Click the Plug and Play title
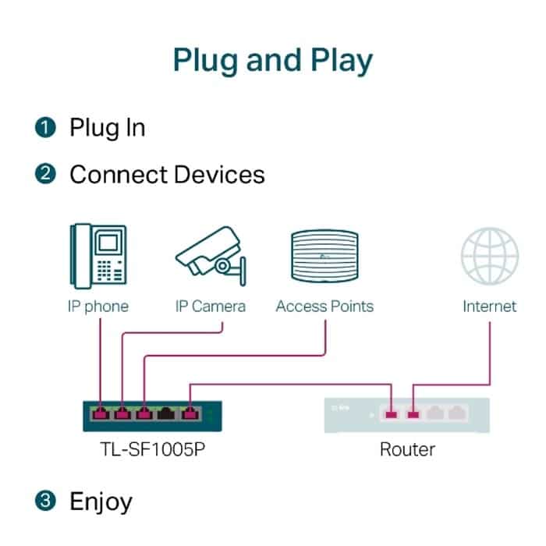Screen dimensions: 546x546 [x=273, y=61]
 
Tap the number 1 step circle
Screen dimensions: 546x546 [x=45, y=127]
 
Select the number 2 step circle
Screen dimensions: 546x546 [x=45, y=174]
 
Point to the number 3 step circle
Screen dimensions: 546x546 [x=45, y=501]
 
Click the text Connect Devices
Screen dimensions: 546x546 [x=167, y=175]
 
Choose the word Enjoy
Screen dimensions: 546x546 [x=101, y=502]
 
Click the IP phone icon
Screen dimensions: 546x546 [x=98, y=256]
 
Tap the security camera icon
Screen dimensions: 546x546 [x=211, y=256]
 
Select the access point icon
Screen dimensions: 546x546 [x=324, y=256]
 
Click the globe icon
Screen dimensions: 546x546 [x=490, y=256]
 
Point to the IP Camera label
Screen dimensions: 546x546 [x=211, y=307]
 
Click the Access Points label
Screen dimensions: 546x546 [x=324, y=307]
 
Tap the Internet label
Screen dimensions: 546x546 [x=490, y=307]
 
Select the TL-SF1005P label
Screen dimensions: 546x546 [x=153, y=449]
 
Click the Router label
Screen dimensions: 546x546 [x=407, y=449]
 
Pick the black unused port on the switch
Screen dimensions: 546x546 [x=166, y=413]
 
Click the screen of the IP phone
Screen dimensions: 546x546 [x=108, y=243]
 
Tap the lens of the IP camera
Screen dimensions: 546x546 [x=222, y=266]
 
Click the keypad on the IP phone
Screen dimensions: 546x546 [x=104, y=270]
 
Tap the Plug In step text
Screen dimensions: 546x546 [x=108, y=129]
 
